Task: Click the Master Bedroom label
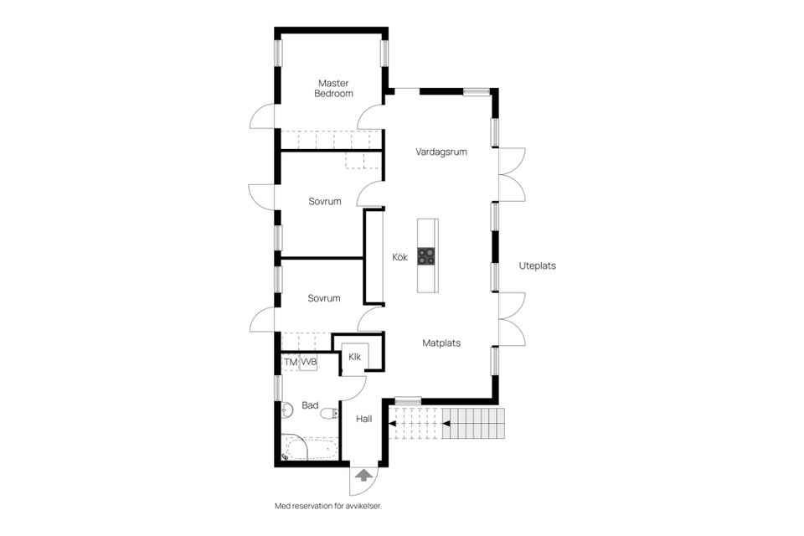pos(333,88)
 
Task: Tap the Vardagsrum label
pos(441,152)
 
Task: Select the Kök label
pos(400,257)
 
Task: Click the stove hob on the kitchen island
pos(426,256)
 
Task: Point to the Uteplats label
pos(538,265)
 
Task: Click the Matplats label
pos(441,343)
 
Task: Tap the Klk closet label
pos(355,357)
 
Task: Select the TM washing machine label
pos(291,362)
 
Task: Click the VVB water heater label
pos(309,362)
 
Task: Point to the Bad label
pos(310,405)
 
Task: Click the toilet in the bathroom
pos(329,413)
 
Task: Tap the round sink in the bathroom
pos(286,410)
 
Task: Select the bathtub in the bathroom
pos(310,447)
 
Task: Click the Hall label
pos(364,419)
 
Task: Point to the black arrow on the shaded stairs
pos(446,424)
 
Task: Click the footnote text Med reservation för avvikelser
pos(328,506)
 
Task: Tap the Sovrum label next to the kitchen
pos(325,202)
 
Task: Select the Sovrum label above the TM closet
pos(324,298)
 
